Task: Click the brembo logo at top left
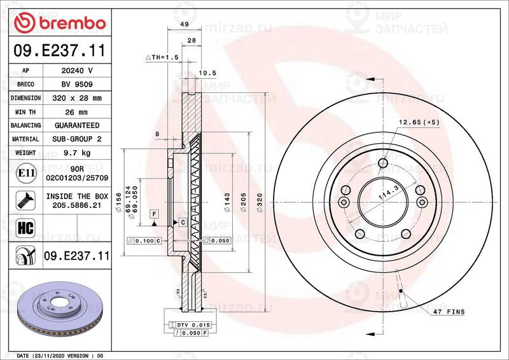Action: pos(60,22)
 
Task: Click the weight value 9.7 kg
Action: pos(77,153)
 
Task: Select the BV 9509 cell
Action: pos(77,85)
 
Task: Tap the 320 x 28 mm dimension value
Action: pos(77,98)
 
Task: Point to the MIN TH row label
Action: pos(25,112)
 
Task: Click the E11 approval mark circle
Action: pos(26,173)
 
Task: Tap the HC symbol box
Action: pos(25,228)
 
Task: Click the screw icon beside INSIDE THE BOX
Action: pos(25,200)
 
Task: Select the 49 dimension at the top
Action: pos(185,24)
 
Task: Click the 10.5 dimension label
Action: pos(207,73)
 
